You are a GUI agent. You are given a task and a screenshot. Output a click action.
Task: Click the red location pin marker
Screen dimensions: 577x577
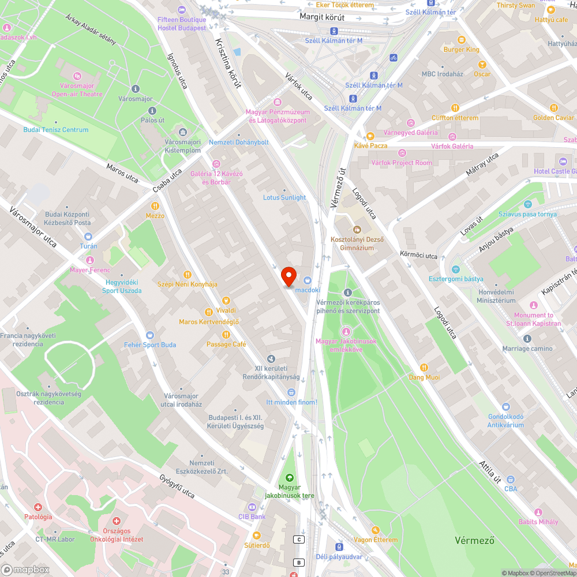(288, 276)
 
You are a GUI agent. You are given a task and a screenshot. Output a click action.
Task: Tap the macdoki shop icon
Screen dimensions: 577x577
(307, 280)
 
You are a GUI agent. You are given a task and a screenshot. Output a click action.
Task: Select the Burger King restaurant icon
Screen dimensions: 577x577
(461, 40)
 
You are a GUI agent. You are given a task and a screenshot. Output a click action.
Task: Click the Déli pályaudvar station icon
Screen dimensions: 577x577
(339, 546)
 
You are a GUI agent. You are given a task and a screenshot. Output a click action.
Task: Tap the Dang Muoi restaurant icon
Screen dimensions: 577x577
(424, 368)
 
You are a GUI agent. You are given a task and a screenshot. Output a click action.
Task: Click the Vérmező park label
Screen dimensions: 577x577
(474, 541)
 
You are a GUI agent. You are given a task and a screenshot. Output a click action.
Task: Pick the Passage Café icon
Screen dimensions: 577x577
(226, 334)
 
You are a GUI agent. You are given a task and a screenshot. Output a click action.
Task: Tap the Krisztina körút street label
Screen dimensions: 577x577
(227, 63)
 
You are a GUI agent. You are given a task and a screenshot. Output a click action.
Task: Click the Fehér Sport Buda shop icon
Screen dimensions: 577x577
(150, 335)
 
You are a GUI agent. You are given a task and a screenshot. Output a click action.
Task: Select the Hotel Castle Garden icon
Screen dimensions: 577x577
(563, 161)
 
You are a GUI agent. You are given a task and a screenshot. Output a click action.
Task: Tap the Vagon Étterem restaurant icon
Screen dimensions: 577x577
(376, 530)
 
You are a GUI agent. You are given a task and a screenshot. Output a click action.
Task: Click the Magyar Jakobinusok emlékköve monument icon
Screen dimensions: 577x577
(346, 331)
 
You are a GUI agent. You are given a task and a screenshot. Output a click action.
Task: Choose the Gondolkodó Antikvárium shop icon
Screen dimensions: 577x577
(506, 407)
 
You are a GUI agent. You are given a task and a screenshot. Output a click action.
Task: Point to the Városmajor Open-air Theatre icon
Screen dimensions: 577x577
(77, 76)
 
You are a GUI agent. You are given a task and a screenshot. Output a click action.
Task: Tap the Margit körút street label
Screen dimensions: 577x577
(322, 17)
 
